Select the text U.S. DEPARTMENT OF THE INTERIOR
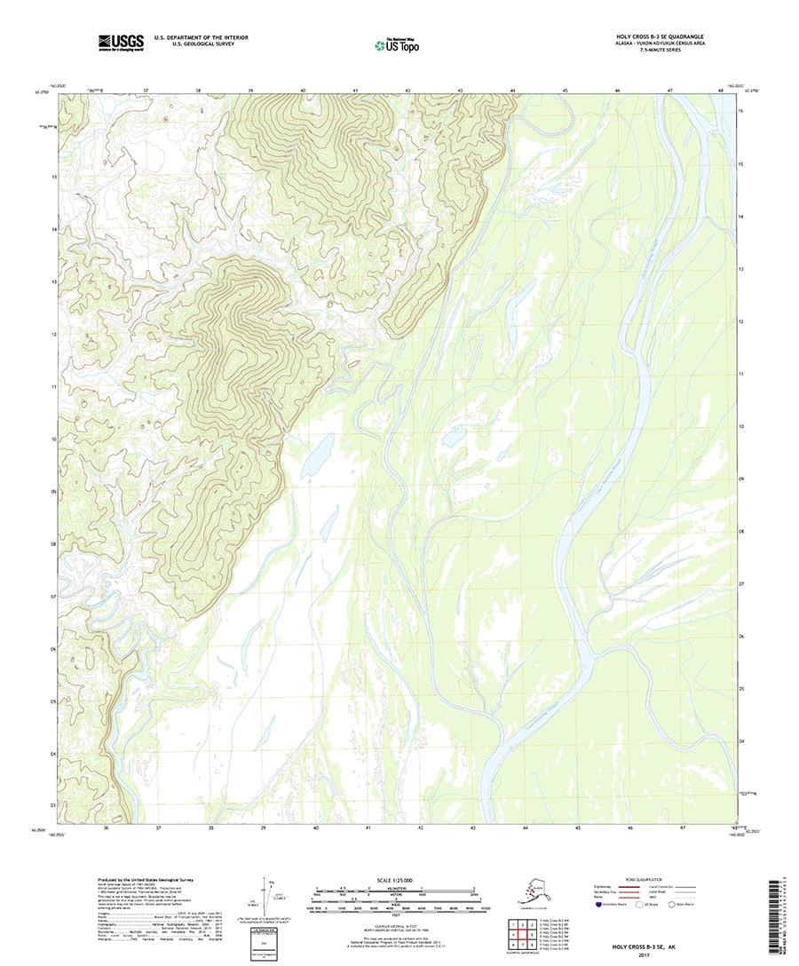(201, 37)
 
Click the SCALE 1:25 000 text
(392, 881)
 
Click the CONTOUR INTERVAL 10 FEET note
(392, 926)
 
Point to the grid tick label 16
(740, 111)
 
